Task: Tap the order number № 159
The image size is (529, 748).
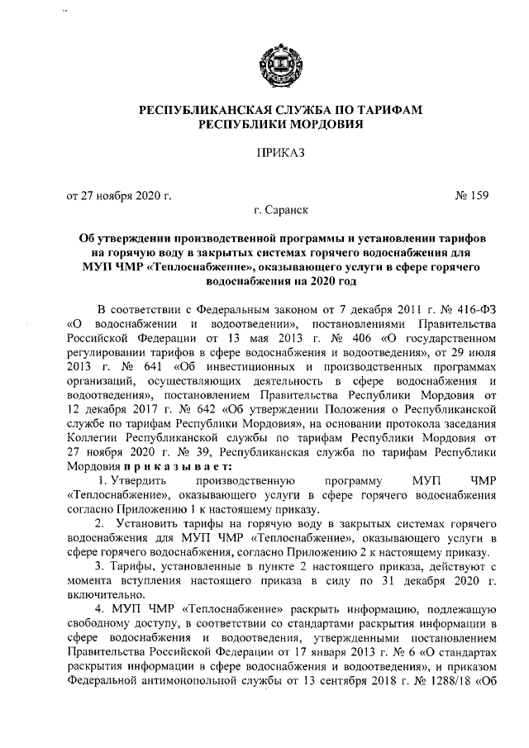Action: coord(472,196)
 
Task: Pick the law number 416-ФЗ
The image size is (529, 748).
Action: coord(458,310)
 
